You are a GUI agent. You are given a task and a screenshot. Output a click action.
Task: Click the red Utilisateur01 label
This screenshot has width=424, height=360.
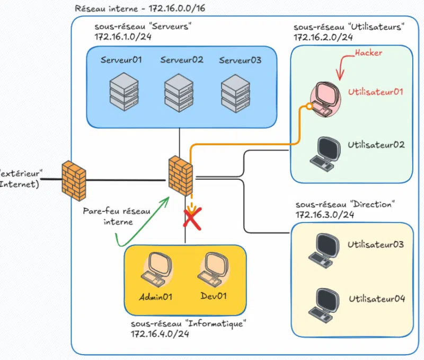(x=376, y=91)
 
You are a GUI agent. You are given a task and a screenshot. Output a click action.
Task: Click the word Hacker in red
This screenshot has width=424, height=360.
(x=368, y=53)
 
